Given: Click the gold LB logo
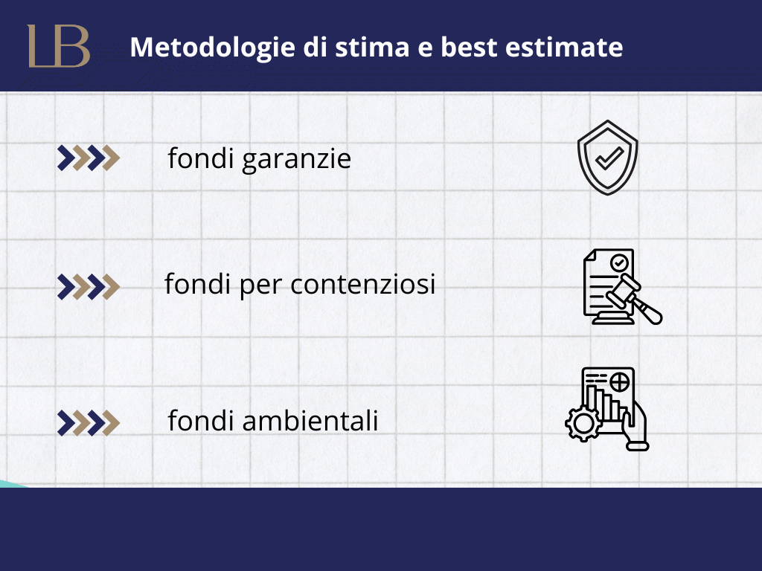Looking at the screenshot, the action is (59, 45).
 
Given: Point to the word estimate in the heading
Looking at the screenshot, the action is (564, 48).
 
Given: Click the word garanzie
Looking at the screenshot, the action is (296, 159).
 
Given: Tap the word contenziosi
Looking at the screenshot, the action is (362, 284).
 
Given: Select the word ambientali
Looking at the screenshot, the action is (310, 420).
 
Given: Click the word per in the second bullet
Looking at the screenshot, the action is (260, 286).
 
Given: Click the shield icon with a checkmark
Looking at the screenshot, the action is (607, 158).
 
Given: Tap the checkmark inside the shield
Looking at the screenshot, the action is (609, 158).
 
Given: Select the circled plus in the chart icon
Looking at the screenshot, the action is (620, 382).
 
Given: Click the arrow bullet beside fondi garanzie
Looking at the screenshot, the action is (89, 158).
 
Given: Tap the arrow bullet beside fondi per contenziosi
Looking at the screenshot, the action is (89, 286).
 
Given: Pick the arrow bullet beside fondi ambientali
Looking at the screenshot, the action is (89, 422).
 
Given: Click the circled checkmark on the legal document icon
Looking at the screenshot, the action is (619, 262).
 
